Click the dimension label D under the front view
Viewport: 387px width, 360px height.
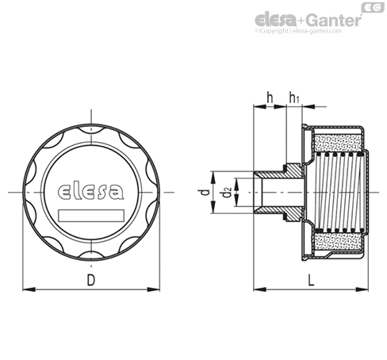point(91,280)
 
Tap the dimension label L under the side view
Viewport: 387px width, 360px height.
point(311,280)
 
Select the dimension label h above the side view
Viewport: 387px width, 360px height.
point(270,98)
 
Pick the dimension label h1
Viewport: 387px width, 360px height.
point(294,98)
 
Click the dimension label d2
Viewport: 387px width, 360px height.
point(227,192)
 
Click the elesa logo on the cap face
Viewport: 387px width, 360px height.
point(90,191)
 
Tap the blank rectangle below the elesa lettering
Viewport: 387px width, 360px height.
point(91,215)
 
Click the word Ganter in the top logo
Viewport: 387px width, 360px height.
point(335,20)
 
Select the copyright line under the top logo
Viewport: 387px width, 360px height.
point(298,31)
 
